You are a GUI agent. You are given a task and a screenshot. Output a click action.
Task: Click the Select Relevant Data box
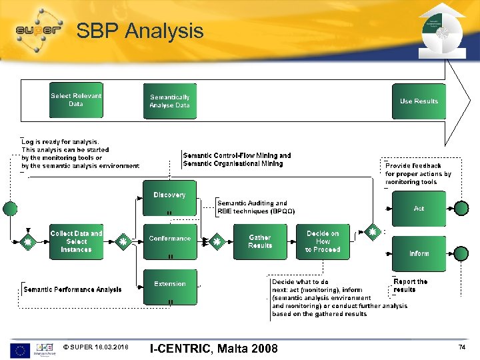[x=76, y=100]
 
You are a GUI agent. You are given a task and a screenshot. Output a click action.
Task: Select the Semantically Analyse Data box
[x=170, y=101]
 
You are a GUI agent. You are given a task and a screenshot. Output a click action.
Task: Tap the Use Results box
[x=419, y=101]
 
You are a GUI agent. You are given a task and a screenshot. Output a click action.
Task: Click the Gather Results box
[x=260, y=241]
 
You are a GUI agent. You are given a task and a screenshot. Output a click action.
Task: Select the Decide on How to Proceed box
[x=323, y=241]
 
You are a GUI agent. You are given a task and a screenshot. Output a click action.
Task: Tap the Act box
[x=419, y=209]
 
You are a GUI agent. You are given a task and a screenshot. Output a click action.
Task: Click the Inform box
[x=419, y=253]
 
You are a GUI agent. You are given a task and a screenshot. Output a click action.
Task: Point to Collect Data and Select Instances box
[x=76, y=241]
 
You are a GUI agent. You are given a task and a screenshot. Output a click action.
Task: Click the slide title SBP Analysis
[x=140, y=31]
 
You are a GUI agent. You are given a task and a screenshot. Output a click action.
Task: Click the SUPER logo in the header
[x=39, y=30]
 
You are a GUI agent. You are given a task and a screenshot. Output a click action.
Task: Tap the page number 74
[x=462, y=347]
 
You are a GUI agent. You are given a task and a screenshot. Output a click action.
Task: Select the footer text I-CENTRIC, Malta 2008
[x=213, y=348]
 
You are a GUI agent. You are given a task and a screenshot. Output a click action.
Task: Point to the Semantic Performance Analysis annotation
[x=73, y=289]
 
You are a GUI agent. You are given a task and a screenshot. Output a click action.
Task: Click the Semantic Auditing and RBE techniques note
[x=255, y=207]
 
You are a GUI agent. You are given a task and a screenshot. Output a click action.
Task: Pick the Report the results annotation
[x=410, y=285]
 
